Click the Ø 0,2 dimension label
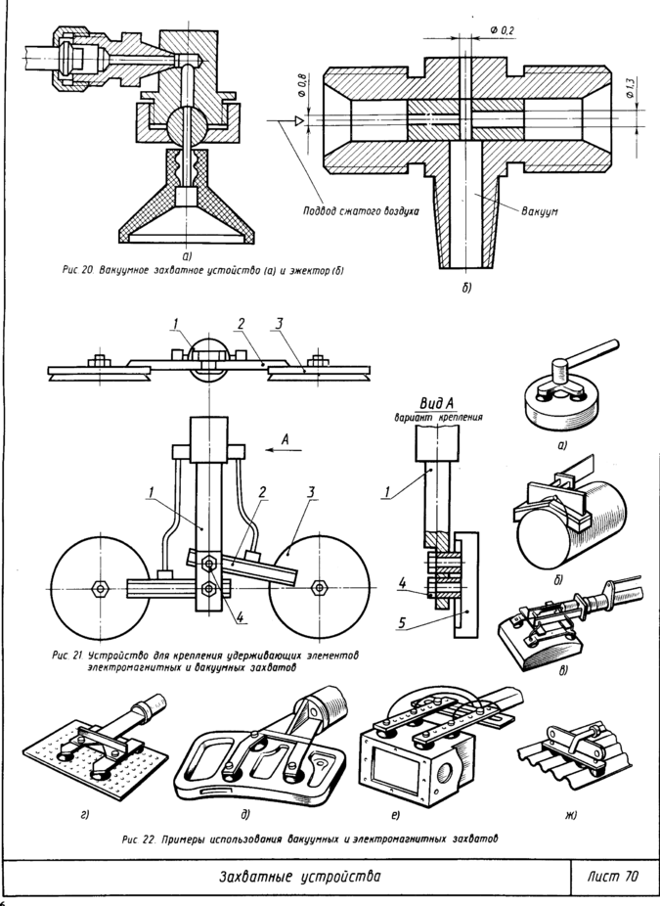[x=502, y=31]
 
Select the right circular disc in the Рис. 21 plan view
[x=319, y=586]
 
